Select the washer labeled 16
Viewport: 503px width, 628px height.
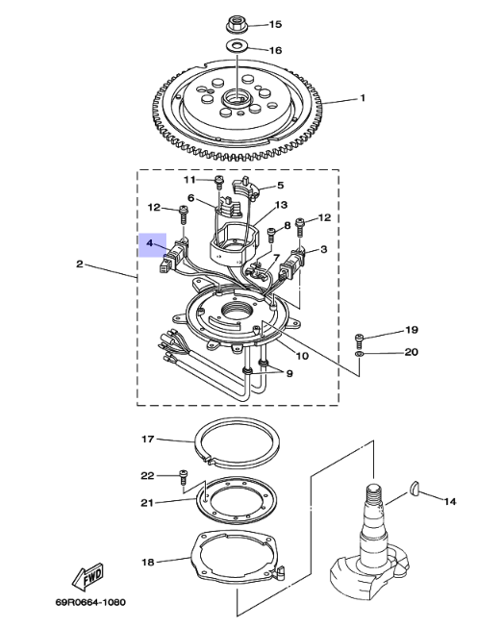[x=238, y=45]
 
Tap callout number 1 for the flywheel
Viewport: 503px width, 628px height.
[x=363, y=98]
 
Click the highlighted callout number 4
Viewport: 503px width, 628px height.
[x=149, y=242]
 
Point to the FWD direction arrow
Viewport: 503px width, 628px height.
[x=88, y=577]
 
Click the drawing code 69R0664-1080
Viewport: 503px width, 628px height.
[x=90, y=602]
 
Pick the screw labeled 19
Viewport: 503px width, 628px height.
[x=359, y=340]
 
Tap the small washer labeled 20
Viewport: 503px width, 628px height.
[x=359, y=354]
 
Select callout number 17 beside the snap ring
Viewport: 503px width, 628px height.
[x=148, y=439]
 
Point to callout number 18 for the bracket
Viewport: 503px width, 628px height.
[x=148, y=562]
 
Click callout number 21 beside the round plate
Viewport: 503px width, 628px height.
[x=147, y=502]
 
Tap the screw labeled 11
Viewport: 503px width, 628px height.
[x=218, y=182]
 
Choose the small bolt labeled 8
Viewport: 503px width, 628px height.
[x=271, y=235]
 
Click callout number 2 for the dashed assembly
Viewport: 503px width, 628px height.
[x=80, y=264]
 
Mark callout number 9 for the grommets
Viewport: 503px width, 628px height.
[x=289, y=373]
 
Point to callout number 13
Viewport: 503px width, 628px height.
[x=281, y=205]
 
